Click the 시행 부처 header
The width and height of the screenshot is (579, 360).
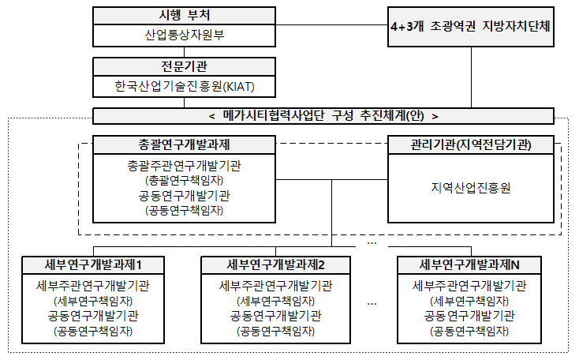[184, 16]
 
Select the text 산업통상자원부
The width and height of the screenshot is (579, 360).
[185, 35]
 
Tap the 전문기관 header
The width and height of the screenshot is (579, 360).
[184, 67]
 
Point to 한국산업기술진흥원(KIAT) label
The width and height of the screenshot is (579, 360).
[185, 87]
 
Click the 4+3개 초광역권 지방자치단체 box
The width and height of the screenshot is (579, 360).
[471, 27]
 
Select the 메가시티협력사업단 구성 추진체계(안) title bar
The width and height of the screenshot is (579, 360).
[323, 116]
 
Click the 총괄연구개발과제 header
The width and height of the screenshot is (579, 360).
[184, 145]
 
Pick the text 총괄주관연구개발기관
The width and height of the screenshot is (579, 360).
[185, 166]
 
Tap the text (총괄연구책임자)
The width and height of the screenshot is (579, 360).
[185, 180]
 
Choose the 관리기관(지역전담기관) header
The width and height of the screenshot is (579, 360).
[471, 145]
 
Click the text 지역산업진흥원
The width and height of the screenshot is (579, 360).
[471, 188]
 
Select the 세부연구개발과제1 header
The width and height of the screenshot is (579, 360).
[93, 265]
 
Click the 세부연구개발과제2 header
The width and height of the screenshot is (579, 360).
[275, 265]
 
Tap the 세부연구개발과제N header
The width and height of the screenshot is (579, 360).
[469, 265]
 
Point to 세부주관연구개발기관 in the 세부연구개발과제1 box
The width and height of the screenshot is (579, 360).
[93, 286]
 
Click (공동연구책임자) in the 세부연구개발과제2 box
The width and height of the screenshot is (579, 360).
[275, 331]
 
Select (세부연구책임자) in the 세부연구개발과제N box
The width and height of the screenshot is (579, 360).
[469, 301]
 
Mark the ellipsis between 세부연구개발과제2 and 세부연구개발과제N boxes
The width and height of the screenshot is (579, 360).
[372, 304]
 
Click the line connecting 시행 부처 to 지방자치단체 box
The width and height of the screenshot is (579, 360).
[331, 25]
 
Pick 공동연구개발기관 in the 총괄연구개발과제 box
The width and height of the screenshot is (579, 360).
[185, 196]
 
